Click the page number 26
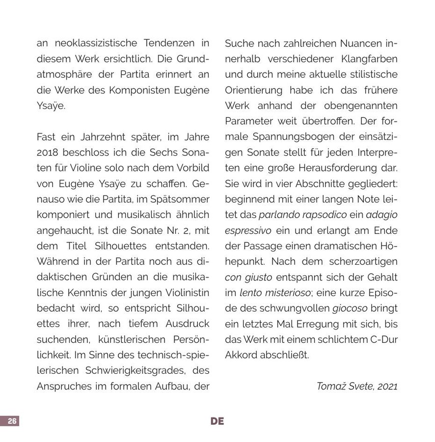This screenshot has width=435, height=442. pyautogui.click(x=12, y=421)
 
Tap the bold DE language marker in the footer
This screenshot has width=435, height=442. pyautogui.click(x=217, y=421)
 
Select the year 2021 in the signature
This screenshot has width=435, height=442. pyautogui.click(x=386, y=386)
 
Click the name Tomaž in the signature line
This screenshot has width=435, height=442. pyautogui.click(x=332, y=386)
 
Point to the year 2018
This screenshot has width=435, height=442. pyautogui.click(x=47, y=152)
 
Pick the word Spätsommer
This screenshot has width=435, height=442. pyautogui.click(x=183, y=199)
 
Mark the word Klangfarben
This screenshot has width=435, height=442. pyautogui.click(x=366, y=59)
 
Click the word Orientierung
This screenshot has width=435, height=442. pyautogui.click(x=254, y=90)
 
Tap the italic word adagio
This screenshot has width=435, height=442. pyautogui.click(x=381, y=215)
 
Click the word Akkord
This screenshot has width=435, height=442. pyautogui.click(x=241, y=355)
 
